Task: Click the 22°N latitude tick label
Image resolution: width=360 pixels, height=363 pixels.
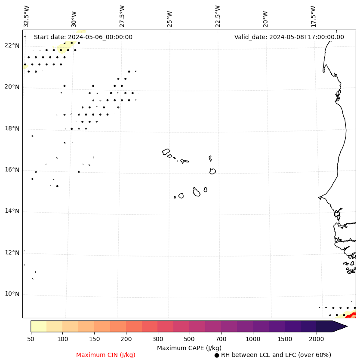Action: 12,46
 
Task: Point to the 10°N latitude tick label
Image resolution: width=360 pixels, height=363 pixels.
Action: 12,294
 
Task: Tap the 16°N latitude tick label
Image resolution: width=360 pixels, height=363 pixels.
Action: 12,170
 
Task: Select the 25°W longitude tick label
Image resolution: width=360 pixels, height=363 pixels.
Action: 169,18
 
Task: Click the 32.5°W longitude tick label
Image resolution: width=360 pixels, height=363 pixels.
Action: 27,16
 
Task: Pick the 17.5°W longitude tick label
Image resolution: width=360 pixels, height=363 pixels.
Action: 313,16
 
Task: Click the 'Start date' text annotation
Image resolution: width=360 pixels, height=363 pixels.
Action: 83,37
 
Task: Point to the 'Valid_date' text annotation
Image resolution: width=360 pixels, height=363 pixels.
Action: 289,37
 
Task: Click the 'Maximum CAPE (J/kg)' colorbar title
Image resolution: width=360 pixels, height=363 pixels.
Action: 189,348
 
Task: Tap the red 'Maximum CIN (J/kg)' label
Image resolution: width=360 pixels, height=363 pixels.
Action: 106,355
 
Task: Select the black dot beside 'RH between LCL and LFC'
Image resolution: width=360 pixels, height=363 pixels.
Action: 217,355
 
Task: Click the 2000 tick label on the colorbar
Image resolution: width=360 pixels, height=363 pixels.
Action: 317,339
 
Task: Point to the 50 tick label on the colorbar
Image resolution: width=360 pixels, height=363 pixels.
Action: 31,339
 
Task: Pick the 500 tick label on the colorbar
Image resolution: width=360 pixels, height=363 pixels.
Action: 189,339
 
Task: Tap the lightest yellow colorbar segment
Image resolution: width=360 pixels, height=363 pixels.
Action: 39,326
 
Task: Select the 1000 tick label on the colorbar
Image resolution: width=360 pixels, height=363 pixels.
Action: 253,339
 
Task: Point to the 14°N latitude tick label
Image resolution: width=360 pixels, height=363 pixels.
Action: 12,211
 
